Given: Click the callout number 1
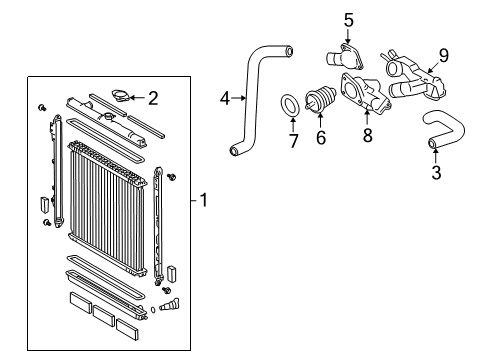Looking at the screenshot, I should point(203,200).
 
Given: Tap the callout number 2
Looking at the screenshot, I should point(153,98).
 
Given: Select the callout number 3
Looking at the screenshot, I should point(435,172).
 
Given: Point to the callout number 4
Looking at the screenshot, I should point(225,98).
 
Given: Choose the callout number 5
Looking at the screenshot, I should point(321,19).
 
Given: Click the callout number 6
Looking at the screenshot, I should point(321,138).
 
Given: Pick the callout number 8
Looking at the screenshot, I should point(367,134).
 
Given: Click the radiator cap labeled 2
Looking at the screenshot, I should point(122,96).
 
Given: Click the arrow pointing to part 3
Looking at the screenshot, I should point(435,155).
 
